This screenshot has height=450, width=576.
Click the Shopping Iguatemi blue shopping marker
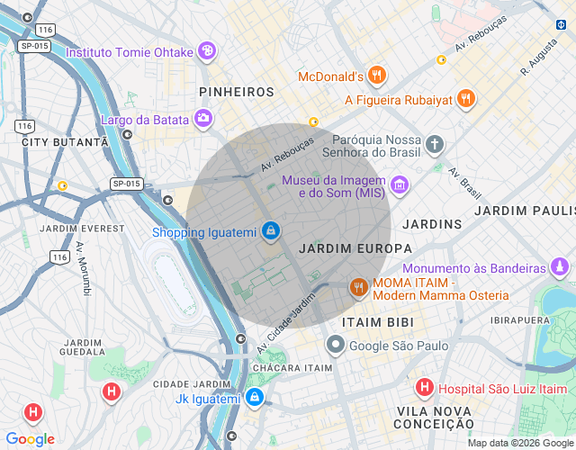point(270,231)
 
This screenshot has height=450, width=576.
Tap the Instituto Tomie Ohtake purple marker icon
point(208,51)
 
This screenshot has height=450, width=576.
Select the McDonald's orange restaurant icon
point(377,76)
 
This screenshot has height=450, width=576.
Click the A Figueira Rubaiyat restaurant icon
point(465,99)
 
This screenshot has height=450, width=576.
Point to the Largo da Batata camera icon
point(204,119)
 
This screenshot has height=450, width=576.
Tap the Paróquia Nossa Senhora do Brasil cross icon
point(435,145)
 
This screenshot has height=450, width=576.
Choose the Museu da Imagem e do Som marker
point(399,186)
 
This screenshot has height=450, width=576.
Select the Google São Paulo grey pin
point(335,345)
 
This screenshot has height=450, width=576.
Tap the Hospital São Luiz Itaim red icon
point(424,388)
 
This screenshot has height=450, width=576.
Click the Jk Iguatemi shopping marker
point(255,398)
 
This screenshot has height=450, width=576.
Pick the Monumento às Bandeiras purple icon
point(560,267)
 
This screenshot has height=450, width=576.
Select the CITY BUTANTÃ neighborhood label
point(65,142)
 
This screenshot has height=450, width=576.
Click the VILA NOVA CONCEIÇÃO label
point(435,417)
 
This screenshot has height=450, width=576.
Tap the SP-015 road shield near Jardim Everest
point(127,184)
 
